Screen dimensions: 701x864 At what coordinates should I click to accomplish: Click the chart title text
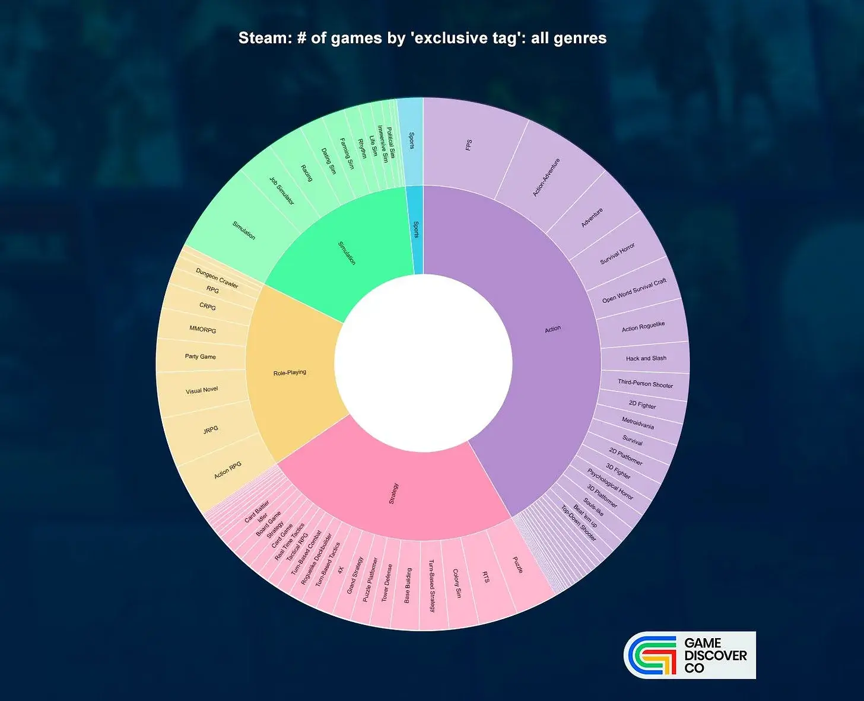click(x=422, y=39)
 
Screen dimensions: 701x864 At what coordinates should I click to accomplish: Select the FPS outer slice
click(x=469, y=145)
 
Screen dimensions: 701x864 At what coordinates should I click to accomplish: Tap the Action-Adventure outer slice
click(x=547, y=177)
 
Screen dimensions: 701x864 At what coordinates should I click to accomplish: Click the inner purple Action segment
click(x=552, y=329)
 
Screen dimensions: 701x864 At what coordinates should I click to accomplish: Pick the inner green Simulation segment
click(x=347, y=253)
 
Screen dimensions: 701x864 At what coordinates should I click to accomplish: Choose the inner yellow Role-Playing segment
click(x=290, y=373)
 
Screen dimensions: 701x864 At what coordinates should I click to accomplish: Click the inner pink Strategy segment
click(x=393, y=493)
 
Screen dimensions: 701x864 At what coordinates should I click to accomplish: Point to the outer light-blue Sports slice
click(x=411, y=141)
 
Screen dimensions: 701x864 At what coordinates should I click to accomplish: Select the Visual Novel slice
click(x=202, y=390)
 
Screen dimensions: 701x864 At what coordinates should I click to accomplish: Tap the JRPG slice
click(x=211, y=429)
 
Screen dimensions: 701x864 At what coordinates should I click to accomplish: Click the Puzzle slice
click(x=517, y=565)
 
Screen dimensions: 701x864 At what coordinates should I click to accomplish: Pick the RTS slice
click(x=485, y=576)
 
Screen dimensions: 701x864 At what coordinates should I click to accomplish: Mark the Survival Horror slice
click(x=617, y=253)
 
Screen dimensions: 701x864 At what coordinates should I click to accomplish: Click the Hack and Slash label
click(x=646, y=358)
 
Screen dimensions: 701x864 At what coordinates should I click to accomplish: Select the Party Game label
click(x=200, y=356)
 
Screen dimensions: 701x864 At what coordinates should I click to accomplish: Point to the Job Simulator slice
click(x=281, y=191)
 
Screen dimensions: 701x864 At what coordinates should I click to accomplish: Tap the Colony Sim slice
click(x=456, y=583)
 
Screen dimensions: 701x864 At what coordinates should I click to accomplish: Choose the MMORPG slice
click(x=203, y=329)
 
